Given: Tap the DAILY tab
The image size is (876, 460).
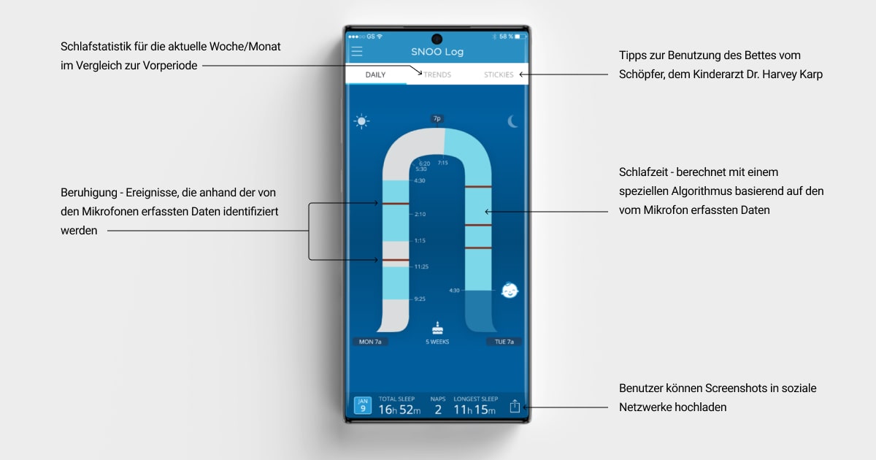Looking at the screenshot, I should click(x=375, y=74).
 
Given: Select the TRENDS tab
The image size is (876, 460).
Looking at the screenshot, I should click(x=437, y=74).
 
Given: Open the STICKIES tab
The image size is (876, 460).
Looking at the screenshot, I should click(x=499, y=74).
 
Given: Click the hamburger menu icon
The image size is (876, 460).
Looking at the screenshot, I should click(x=357, y=51).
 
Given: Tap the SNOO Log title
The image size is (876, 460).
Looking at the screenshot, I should click(x=437, y=52).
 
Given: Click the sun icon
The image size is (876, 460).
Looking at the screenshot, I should click(x=361, y=122).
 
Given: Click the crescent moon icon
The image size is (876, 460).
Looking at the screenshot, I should click(x=512, y=122).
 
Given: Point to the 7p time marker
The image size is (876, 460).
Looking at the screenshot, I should click(x=437, y=118).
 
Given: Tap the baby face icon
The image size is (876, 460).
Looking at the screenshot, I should click(x=510, y=290).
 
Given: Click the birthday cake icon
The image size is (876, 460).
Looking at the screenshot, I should click(x=437, y=328).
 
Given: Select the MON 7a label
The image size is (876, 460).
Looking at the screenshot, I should click(x=372, y=342).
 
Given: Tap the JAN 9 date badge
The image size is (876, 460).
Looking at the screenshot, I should click(x=362, y=406).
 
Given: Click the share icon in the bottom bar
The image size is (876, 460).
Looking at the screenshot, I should click(x=515, y=406).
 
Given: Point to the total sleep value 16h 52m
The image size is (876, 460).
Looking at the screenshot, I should click(x=399, y=410).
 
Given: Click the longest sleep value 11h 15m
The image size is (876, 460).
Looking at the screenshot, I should click(x=476, y=410).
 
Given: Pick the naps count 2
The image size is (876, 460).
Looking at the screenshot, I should click(x=438, y=410).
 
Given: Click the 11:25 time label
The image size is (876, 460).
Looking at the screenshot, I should click(x=421, y=267).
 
